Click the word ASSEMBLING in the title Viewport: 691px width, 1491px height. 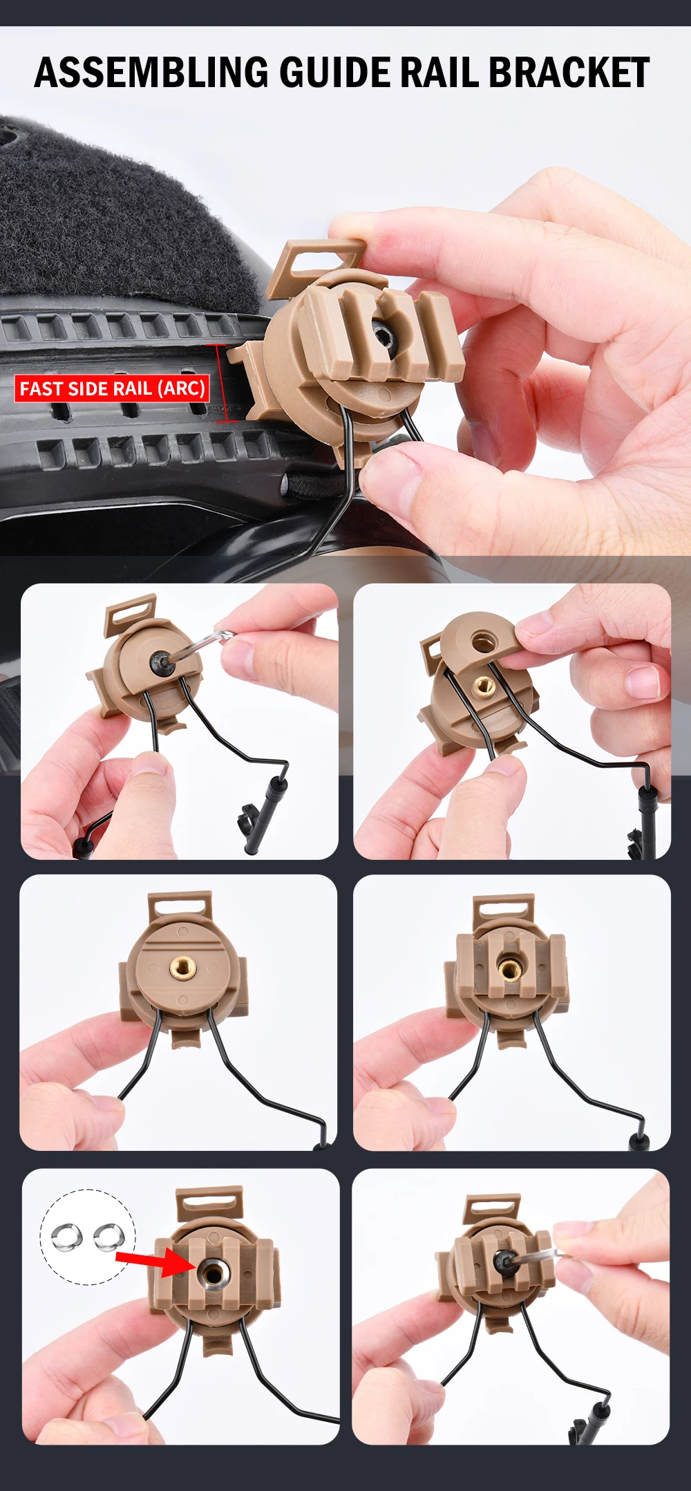[151, 73]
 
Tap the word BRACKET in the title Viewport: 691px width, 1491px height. [569, 73]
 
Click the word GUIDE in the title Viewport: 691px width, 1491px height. [334, 73]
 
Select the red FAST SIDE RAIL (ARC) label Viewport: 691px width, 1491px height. [112, 388]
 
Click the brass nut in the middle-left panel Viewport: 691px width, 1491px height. [182, 966]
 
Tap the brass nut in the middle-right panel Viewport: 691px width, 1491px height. [510, 968]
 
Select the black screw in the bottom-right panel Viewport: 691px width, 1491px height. [504, 1262]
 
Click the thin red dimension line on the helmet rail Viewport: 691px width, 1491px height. [220, 383]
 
